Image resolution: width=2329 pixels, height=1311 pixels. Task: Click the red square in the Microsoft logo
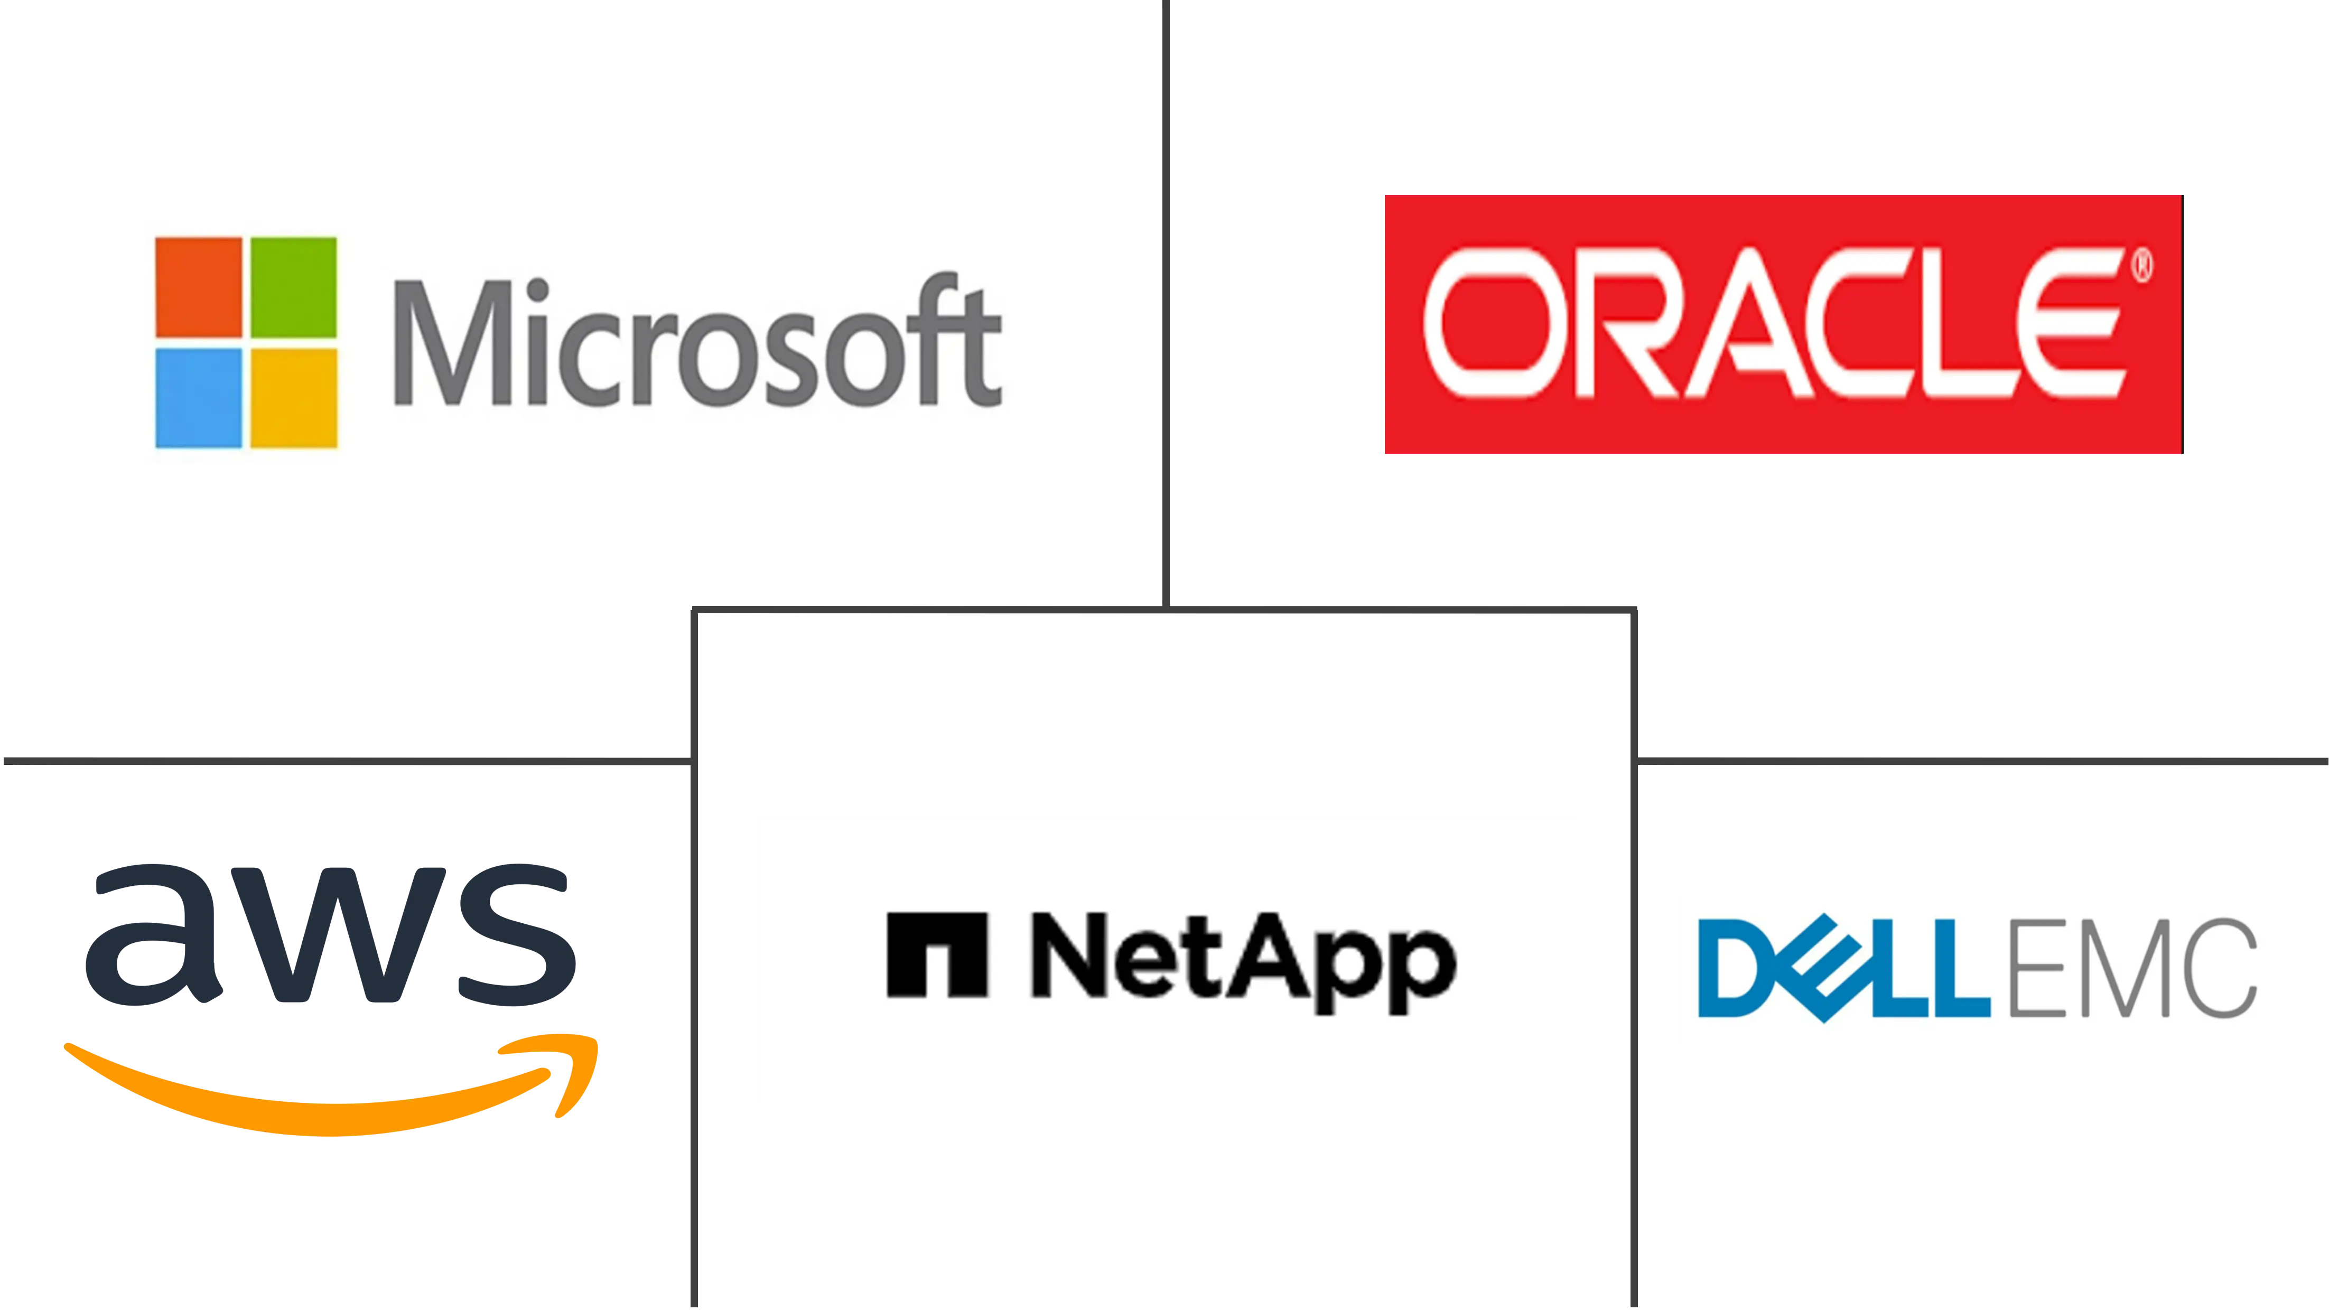(x=199, y=287)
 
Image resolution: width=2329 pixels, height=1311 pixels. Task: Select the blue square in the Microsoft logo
(x=199, y=398)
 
